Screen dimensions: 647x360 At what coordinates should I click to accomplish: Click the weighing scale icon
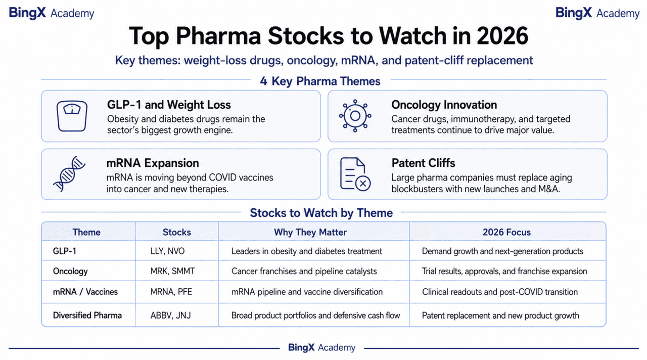click(72, 116)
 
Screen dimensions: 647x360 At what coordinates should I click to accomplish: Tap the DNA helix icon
click(69, 173)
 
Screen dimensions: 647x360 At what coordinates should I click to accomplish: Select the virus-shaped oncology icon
click(355, 116)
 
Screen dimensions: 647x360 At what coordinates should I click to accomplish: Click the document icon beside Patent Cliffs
click(355, 174)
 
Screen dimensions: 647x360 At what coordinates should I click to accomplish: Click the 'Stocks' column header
click(177, 232)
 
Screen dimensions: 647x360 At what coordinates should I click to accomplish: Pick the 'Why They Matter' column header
click(310, 232)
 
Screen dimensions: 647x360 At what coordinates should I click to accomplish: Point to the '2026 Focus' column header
click(506, 232)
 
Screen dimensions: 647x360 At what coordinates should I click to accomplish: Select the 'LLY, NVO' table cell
click(167, 251)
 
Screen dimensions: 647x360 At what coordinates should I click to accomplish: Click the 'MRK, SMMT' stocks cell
click(172, 271)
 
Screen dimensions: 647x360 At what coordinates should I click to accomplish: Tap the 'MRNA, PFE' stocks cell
click(171, 292)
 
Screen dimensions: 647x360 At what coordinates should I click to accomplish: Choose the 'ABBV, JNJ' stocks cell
click(170, 315)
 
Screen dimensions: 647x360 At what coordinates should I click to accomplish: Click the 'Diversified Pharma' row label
click(87, 315)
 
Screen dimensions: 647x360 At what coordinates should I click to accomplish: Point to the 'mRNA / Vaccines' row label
click(85, 292)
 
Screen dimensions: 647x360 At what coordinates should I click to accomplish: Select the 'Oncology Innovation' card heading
click(444, 105)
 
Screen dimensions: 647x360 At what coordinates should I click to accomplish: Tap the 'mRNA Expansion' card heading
click(153, 163)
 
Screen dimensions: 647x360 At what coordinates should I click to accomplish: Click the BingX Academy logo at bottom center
click(321, 347)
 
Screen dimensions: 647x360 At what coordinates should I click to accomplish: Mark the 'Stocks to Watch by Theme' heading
click(321, 213)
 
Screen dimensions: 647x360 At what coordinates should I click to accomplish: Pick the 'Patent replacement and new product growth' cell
click(500, 315)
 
